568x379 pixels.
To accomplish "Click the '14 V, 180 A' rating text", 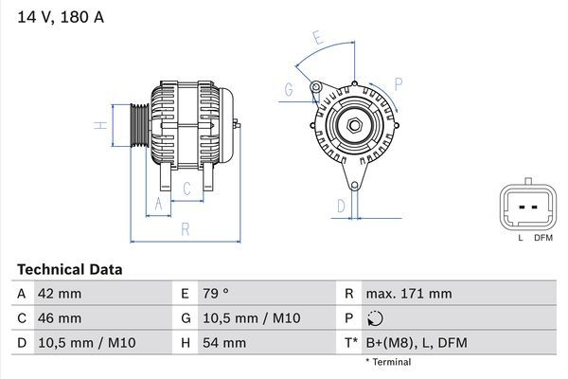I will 58,15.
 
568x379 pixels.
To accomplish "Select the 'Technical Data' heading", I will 69,270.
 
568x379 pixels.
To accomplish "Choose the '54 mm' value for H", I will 222,342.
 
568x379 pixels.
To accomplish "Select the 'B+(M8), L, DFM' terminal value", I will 416,342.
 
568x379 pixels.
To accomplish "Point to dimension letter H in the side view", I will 98,125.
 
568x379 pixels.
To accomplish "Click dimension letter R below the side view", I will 185,228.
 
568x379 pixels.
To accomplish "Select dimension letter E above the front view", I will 319,38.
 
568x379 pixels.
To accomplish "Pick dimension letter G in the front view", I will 288,90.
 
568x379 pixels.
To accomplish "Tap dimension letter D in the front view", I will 340,204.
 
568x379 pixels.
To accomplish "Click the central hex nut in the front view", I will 353,125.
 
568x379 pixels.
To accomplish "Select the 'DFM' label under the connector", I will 542,238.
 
